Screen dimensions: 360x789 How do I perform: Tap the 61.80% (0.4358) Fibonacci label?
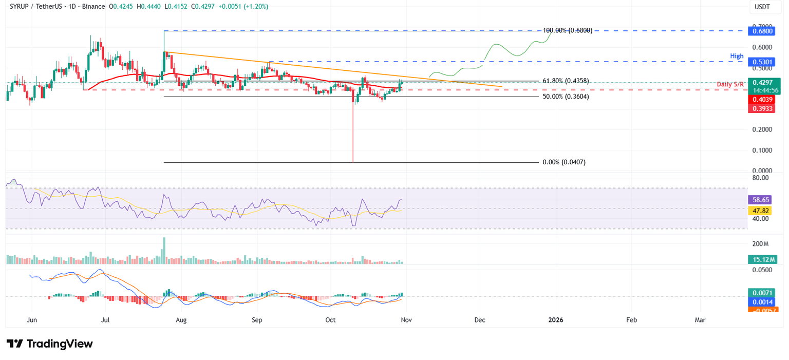click(x=566, y=81)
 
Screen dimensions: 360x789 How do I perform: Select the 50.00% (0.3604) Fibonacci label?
click(x=566, y=97)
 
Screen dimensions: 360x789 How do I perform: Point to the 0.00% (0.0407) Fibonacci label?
click(x=563, y=162)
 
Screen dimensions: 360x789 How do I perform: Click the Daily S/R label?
click(x=731, y=84)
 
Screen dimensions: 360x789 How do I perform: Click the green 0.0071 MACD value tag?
click(x=762, y=293)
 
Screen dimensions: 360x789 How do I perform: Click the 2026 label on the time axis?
click(x=555, y=320)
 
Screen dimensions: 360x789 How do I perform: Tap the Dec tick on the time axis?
click(x=480, y=320)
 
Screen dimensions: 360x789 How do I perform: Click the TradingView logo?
click(x=50, y=344)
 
